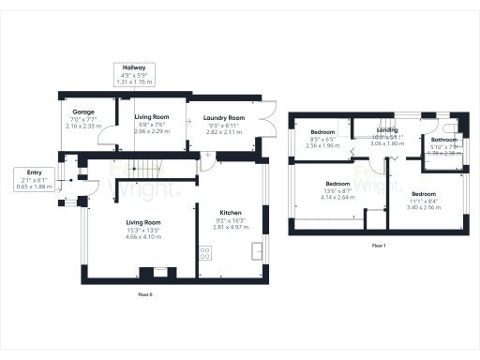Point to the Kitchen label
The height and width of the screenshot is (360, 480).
point(231,212)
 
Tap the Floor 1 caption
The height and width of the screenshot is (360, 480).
point(379,245)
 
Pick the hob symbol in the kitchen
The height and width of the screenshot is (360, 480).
point(204,251)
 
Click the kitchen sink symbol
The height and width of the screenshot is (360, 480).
point(257,250)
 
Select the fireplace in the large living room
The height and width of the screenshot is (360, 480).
point(145,274)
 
